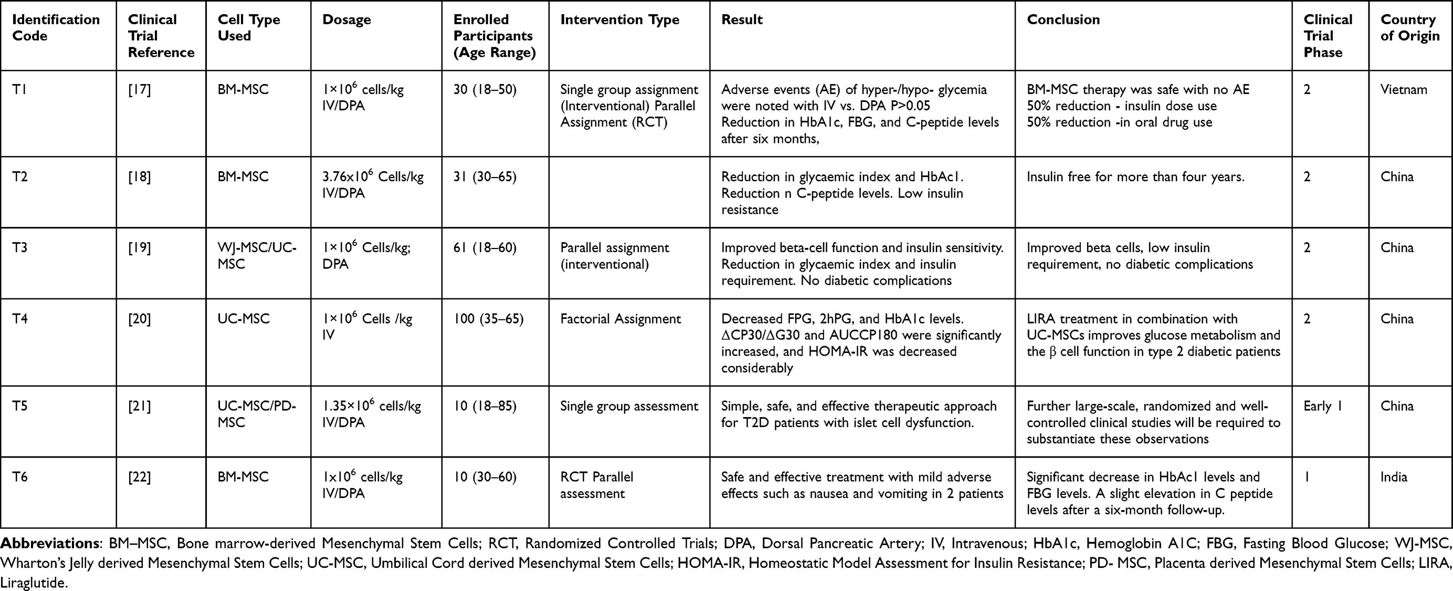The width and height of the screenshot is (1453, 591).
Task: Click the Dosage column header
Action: [346, 20]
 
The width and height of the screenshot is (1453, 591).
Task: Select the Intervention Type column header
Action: [619, 20]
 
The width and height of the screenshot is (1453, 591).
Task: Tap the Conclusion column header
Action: [1062, 20]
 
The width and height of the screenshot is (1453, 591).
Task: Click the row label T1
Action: [20, 90]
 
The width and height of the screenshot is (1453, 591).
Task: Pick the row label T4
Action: [20, 319]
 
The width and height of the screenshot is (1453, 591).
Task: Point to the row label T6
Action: [20, 478]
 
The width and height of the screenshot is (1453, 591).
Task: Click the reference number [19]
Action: [139, 248]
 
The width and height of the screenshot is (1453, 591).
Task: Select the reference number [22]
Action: [139, 478]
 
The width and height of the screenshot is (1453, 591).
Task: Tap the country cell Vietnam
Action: [1403, 90]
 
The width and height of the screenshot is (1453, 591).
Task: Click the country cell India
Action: [1393, 478]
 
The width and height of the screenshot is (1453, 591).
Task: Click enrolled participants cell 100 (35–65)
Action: [488, 319]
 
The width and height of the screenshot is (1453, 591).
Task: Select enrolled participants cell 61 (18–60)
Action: [485, 248]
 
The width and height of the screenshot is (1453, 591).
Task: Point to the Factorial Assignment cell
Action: [620, 319]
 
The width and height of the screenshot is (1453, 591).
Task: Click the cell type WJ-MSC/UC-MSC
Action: [257, 256]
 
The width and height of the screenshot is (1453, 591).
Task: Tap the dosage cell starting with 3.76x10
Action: [372, 184]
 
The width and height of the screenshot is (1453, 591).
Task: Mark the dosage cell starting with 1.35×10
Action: [371, 414]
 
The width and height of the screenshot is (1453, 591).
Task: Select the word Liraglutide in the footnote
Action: [33, 583]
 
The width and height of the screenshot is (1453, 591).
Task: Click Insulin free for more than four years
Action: [1135, 177]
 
